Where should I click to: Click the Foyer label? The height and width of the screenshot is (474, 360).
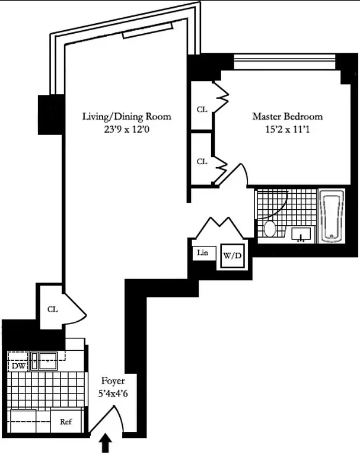[x=112, y=381]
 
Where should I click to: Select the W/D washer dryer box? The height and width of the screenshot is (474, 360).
[x=231, y=257]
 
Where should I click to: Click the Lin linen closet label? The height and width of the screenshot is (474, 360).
[x=203, y=253]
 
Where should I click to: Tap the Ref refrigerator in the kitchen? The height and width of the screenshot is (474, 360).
[x=65, y=422]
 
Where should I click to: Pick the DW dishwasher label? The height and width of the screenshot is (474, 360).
[x=18, y=366]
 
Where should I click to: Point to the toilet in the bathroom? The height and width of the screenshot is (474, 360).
[x=269, y=229]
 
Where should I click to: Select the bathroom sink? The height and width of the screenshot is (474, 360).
[x=301, y=235]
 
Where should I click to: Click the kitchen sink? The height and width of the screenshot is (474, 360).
[x=44, y=359]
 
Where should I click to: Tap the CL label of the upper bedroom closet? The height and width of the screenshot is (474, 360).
[x=202, y=110]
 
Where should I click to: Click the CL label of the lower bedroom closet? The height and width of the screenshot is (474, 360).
[x=202, y=161]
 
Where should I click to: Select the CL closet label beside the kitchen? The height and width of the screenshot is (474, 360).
[x=52, y=309]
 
